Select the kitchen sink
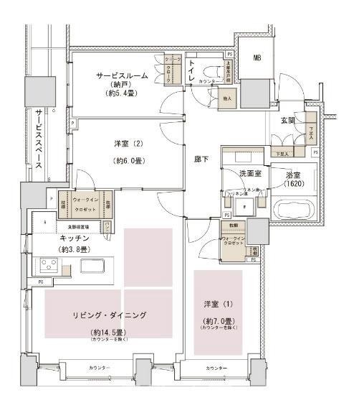pyautogui.click(x=94, y=265)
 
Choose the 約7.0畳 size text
pyautogui.click(x=218, y=320)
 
